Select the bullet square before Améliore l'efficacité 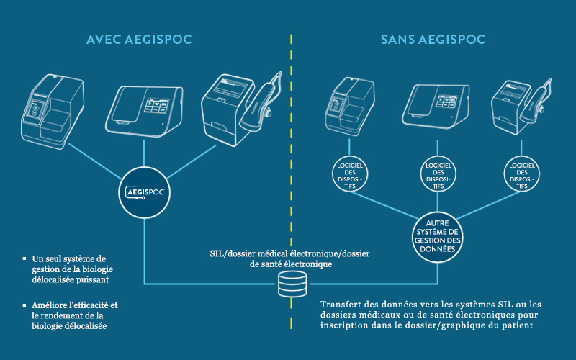[25, 306]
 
